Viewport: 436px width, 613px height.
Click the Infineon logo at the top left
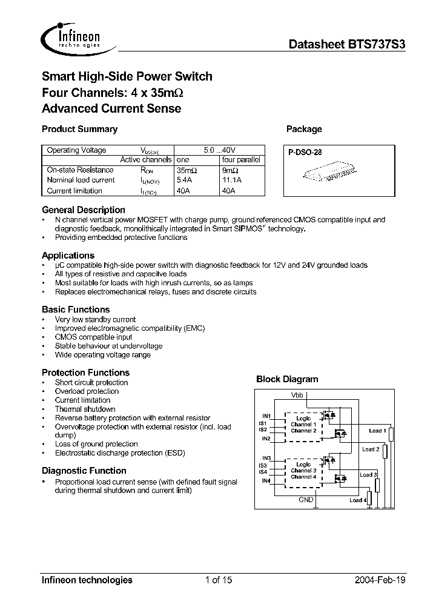(x=71, y=37)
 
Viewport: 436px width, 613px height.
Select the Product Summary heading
(x=79, y=129)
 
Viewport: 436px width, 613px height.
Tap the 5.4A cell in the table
(x=183, y=180)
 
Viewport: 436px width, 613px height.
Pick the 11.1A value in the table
(x=233, y=180)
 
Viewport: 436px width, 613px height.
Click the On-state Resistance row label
(x=80, y=170)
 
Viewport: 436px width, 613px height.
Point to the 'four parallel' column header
(x=241, y=160)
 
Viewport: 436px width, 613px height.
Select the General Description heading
(x=84, y=210)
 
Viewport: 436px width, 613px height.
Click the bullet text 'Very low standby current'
(x=95, y=319)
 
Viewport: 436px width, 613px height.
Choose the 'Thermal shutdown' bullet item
(x=85, y=409)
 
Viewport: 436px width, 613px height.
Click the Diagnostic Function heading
(x=84, y=471)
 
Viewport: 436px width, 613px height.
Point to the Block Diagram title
(x=287, y=379)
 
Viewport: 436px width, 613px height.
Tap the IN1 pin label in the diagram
(x=266, y=416)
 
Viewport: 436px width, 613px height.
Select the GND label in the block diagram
(x=306, y=500)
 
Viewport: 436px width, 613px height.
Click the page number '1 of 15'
(x=218, y=580)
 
